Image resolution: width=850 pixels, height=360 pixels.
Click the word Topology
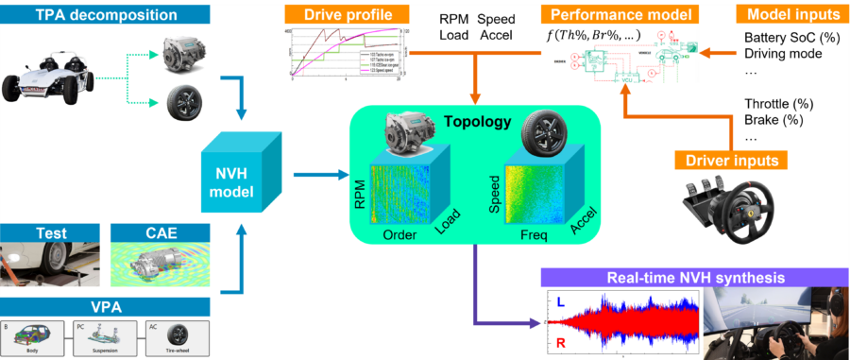click(x=480, y=122)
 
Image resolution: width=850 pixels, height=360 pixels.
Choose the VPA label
click(x=105, y=306)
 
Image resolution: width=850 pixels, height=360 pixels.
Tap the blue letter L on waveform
click(x=559, y=301)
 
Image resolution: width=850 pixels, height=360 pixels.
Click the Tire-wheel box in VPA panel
click(x=177, y=337)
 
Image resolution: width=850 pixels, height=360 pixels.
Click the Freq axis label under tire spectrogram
click(x=534, y=235)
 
